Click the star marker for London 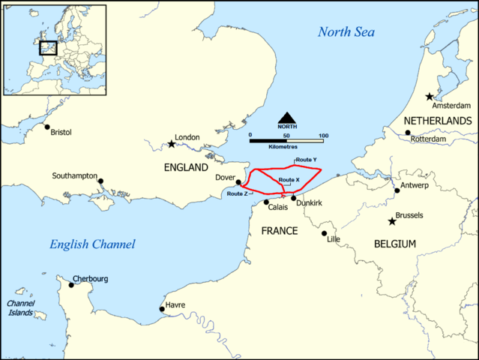[171, 143]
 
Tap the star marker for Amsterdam [429, 97]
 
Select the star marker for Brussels [391, 221]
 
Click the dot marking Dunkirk [293, 197]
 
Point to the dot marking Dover [238, 182]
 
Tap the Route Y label [306, 160]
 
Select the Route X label [289, 180]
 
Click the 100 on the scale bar [323, 135]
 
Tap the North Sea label [347, 31]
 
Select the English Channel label [92, 244]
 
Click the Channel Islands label [20, 308]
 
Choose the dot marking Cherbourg [72, 284]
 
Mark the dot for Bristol [46, 127]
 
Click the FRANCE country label [280, 230]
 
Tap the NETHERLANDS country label [437, 121]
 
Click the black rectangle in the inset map [48, 47]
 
